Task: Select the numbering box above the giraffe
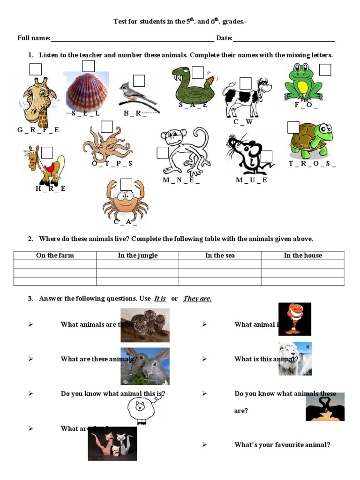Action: click(35, 69)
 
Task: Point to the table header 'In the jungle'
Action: click(137, 255)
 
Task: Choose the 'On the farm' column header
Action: click(55, 255)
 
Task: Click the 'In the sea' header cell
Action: click(220, 255)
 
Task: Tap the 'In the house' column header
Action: click(303, 255)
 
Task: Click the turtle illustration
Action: click(310, 141)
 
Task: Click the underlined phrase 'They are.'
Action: click(197, 299)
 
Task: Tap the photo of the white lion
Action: click(294, 359)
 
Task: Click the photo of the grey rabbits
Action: click(145, 366)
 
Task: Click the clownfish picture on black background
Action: click(294, 319)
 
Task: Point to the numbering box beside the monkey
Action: click(163, 153)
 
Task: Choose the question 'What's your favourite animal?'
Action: click(282, 445)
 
